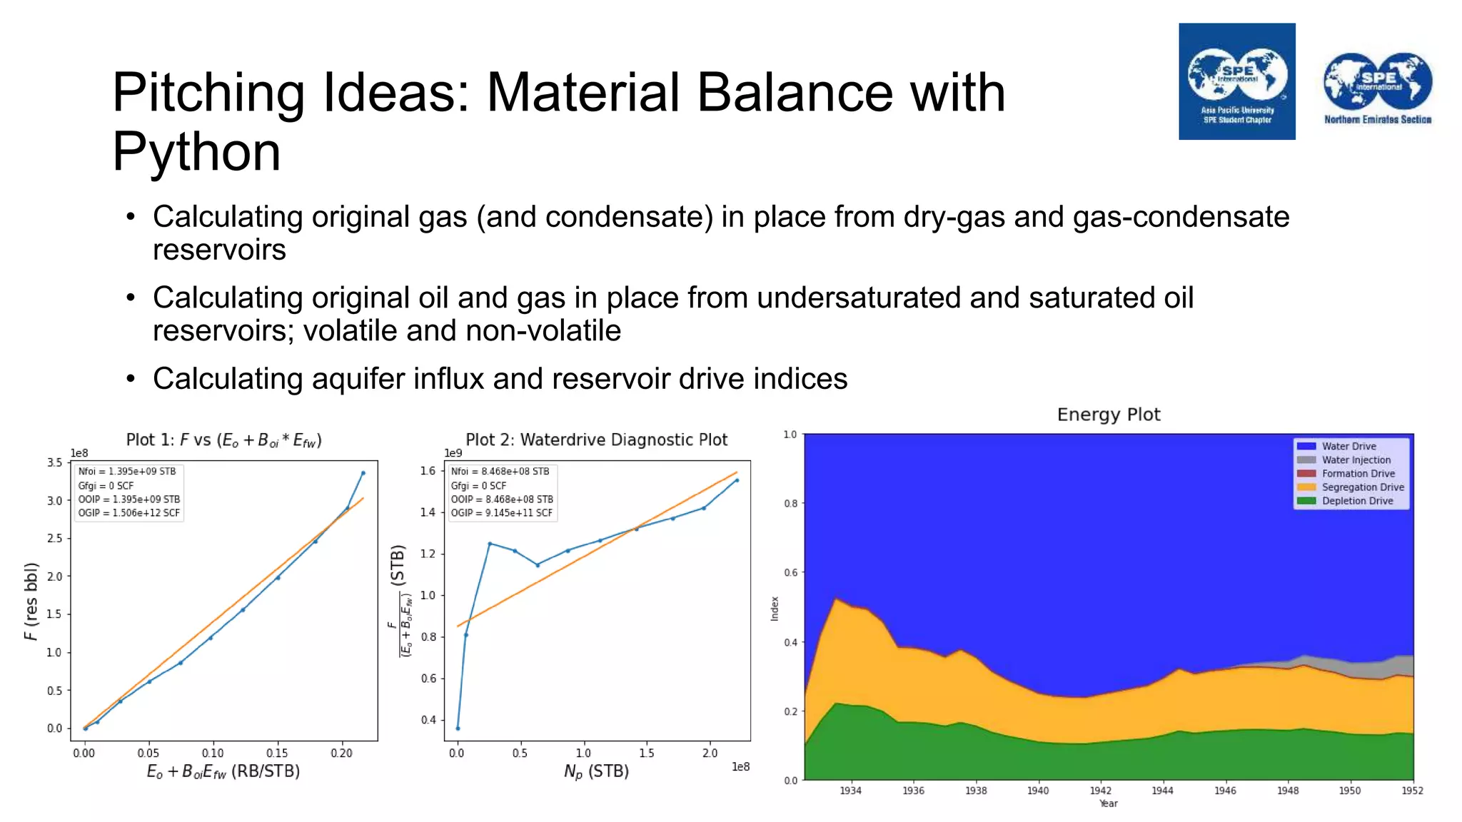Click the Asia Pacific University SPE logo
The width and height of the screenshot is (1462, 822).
(x=1236, y=81)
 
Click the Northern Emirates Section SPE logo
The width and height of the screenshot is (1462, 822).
(x=1377, y=88)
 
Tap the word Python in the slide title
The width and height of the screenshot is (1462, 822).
(x=196, y=152)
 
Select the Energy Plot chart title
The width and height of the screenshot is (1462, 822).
(x=1108, y=415)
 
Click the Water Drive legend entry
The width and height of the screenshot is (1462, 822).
(x=1348, y=446)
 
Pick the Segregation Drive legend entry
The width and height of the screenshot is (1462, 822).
(x=1362, y=487)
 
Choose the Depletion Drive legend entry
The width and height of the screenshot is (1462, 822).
(x=1356, y=501)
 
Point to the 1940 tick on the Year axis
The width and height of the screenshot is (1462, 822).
(x=1038, y=791)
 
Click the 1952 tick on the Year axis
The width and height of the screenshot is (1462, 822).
(x=1412, y=791)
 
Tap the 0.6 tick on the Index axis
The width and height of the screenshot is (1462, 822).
(x=790, y=572)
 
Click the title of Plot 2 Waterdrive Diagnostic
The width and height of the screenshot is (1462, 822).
(x=596, y=440)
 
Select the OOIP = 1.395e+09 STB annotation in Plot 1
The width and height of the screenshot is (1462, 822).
(x=129, y=499)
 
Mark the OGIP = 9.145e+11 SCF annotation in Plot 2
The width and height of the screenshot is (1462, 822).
(x=502, y=513)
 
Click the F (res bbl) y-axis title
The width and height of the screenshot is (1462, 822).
(x=31, y=602)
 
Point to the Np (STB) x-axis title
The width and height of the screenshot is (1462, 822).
(x=596, y=771)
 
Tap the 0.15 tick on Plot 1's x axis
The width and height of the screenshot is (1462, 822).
(x=277, y=753)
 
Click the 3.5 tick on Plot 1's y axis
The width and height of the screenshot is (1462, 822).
(x=55, y=462)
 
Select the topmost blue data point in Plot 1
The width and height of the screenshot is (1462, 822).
(x=363, y=472)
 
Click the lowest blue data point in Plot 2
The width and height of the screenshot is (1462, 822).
(x=458, y=729)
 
